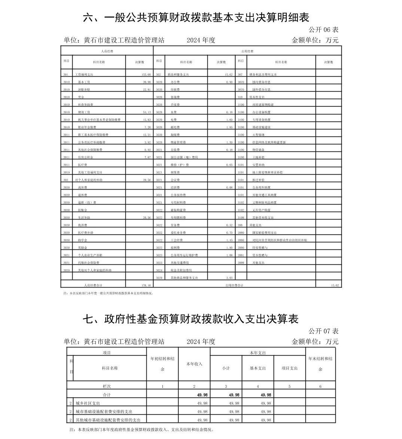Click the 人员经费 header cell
point(107,51)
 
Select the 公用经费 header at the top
point(247,51)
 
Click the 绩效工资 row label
point(84,112)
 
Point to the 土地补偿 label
point(258,157)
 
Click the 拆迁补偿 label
point(258,180)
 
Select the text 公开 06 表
point(323,30)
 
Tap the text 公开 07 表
point(323,331)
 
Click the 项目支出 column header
point(289,368)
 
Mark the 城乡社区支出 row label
point(88,403)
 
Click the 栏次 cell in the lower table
point(107,386)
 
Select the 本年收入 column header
point(194,364)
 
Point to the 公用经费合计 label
point(234,285)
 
